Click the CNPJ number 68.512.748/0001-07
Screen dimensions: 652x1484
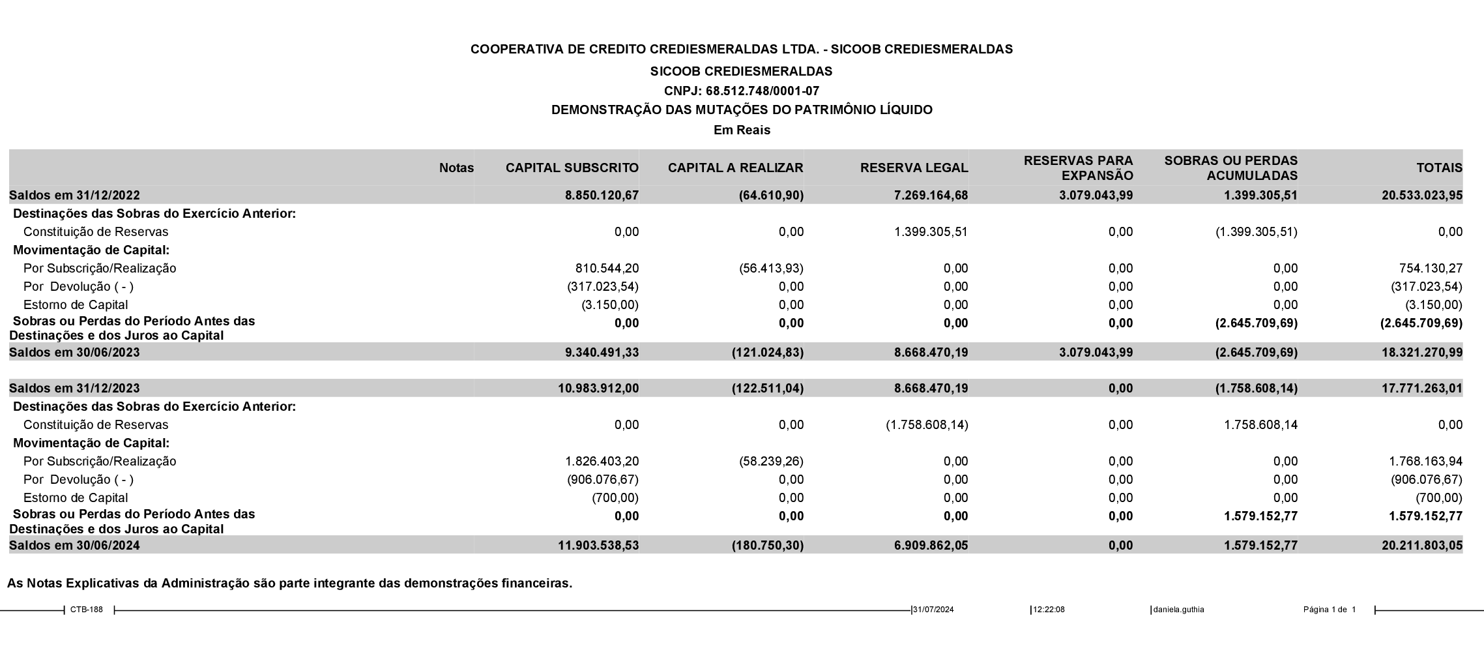tap(762, 91)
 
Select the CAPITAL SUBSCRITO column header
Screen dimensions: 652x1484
tap(572, 168)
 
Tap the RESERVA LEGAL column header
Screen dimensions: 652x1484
tap(914, 168)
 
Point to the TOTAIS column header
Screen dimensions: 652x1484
tap(1439, 168)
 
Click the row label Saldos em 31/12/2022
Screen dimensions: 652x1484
tap(74, 195)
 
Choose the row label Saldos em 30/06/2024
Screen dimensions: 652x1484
tap(74, 545)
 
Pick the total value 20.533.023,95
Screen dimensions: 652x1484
tap(1421, 195)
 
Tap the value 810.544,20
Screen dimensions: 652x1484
tap(607, 268)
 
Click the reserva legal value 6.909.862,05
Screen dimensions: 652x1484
tap(931, 545)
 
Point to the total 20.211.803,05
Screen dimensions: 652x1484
tap(1421, 545)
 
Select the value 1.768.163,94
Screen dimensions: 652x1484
tap(1425, 461)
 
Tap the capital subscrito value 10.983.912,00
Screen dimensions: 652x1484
tap(598, 388)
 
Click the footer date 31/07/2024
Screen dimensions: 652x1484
tap(934, 610)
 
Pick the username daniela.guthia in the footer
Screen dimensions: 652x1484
tap(1178, 610)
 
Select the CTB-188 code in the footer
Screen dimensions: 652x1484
tap(87, 610)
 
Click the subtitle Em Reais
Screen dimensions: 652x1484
tap(742, 130)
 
